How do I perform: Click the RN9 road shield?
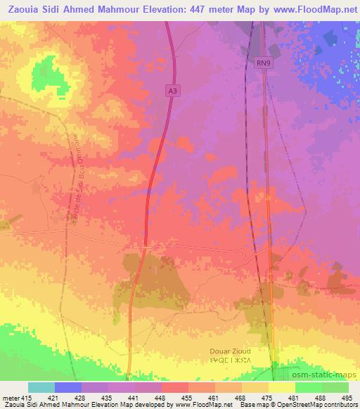262,63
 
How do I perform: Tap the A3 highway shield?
172,90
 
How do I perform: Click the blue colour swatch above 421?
68,387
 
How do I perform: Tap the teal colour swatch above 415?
41,387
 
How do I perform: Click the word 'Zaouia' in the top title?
23,9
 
